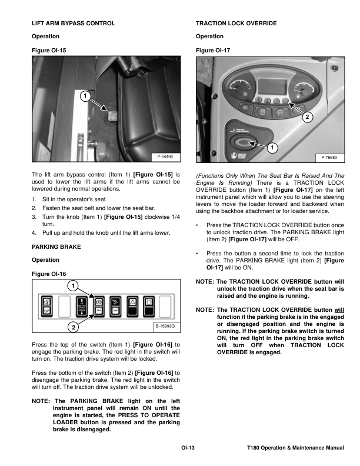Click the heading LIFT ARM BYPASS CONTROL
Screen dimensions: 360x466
(74, 23)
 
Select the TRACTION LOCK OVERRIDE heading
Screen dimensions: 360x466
(236, 23)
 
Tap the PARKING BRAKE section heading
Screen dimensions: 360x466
(56, 247)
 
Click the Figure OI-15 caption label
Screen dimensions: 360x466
(49, 50)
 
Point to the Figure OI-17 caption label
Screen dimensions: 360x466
(213, 50)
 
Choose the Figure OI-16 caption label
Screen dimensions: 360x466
(49, 274)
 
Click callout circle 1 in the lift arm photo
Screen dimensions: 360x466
(85, 96)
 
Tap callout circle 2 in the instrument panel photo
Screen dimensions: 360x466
(307, 117)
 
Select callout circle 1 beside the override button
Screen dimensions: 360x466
(272, 148)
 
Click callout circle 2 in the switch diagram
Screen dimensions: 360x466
(74, 327)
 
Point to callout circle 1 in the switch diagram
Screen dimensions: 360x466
(73, 286)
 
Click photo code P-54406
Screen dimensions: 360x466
(165, 157)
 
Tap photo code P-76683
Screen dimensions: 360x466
(329, 158)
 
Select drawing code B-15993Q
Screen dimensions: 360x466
(165, 326)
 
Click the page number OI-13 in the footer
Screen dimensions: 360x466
(188, 448)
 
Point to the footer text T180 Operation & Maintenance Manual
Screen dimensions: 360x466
(295, 448)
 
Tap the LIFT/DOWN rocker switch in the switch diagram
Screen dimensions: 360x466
(82, 306)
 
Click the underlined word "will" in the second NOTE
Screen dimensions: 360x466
(339, 309)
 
